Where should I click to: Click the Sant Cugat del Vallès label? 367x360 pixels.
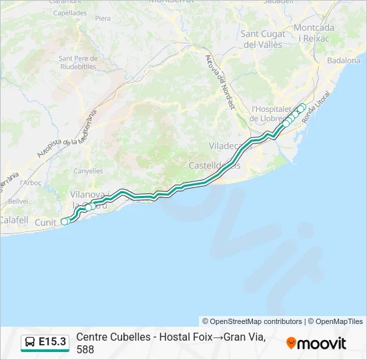pyautogui.click(x=263, y=39)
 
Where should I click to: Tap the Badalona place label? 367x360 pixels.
pyautogui.click(x=344, y=60)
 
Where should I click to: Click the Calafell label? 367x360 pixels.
pyautogui.click(x=14, y=219)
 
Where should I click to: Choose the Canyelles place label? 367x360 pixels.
pyautogui.click(x=88, y=171)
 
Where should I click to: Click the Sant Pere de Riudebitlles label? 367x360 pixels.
pyautogui.click(x=79, y=63)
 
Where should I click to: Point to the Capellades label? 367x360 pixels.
pyautogui.click(x=69, y=13)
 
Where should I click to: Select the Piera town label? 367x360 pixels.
pyautogui.click(x=103, y=18)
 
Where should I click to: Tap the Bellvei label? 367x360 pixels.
pyautogui.click(x=18, y=201)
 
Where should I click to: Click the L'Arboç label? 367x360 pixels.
pyautogui.click(x=31, y=182)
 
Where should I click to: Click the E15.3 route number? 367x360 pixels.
pyautogui.click(x=53, y=342)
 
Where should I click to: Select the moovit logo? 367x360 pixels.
pyautogui.click(x=316, y=343)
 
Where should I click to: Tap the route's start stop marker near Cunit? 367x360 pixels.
pyautogui.click(x=65, y=221)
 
